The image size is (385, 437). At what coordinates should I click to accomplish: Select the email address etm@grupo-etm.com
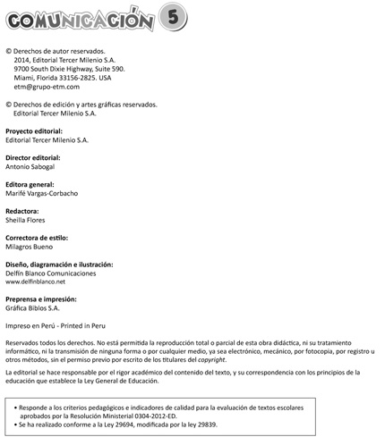click(47, 87)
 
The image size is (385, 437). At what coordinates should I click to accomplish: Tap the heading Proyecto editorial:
click(38, 130)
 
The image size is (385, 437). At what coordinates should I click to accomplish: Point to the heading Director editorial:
click(37, 156)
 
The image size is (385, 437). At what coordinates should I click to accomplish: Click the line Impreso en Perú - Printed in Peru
click(62, 326)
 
